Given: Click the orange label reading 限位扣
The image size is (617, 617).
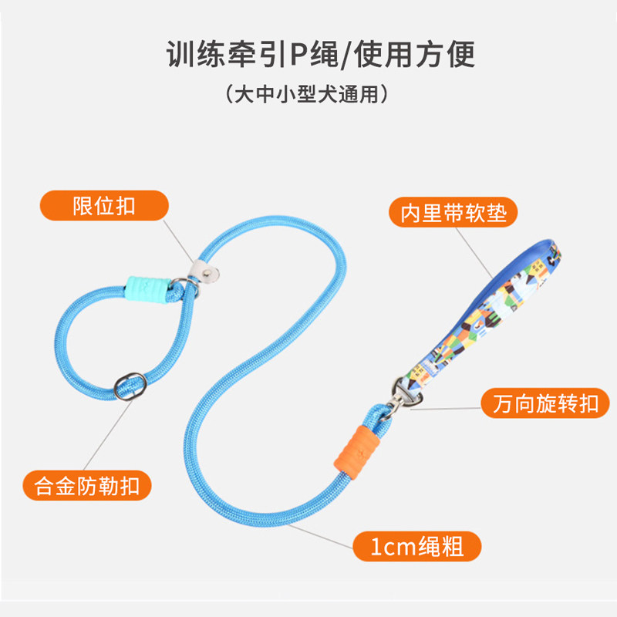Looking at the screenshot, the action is point(104,205).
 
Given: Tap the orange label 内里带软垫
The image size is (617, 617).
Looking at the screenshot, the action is point(453,213).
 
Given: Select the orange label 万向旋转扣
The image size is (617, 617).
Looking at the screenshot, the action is point(545,403).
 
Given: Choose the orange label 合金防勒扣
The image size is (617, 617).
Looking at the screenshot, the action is point(87,485).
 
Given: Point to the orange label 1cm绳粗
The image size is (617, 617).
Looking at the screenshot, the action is point(417,546).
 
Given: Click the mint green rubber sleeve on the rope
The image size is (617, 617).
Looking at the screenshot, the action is point(147,289).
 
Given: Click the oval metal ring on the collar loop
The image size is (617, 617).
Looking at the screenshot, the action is point(130,386).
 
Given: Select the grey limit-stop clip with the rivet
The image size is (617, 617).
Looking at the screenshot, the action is point(203,271).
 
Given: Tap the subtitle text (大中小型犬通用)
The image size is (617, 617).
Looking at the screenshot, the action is point(307,94).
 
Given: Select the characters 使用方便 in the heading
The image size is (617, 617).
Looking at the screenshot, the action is point(414,54).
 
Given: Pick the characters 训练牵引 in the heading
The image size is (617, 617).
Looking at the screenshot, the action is point(227,54).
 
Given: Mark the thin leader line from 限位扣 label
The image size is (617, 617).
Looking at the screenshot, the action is point(178,241).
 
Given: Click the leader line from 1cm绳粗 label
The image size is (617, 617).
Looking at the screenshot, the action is point(320,535).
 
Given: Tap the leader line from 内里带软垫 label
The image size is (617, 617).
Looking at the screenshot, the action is point(474,253).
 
